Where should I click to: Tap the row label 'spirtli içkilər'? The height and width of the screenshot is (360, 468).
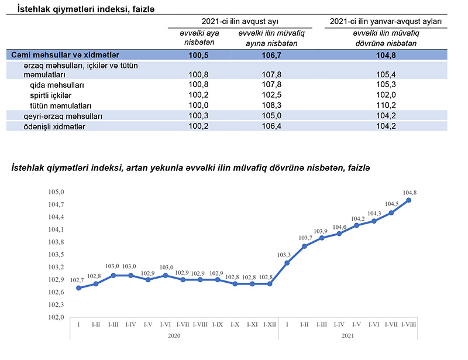(x=50, y=95)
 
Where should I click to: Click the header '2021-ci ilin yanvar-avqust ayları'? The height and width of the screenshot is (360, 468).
(x=386, y=21)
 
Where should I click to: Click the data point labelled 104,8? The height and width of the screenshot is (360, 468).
(x=408, y=200)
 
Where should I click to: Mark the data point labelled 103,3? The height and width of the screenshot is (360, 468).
(x=287, y=263)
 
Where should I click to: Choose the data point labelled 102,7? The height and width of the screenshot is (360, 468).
(x=78, y=288)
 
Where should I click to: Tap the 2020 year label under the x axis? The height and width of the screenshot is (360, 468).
(x=174, y=335)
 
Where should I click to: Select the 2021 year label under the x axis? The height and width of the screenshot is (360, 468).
(x=347, y=335)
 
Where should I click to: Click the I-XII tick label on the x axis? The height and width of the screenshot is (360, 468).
(x=270, y=324)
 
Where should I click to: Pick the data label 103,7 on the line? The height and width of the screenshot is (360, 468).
(x=305, y=238)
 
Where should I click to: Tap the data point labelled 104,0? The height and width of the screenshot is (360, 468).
(x=339, y=234)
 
